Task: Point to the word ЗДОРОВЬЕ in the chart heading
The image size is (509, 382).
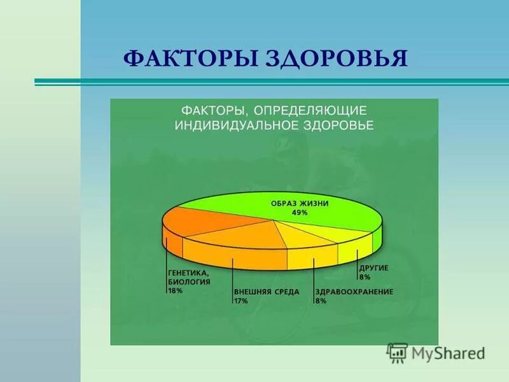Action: click(x=337, y=125)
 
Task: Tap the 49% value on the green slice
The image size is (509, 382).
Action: click(x=299, y=213)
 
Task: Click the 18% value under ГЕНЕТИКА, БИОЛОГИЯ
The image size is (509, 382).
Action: click(x=176, y=290)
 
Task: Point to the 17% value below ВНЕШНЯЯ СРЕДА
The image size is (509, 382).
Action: click(x=241, y=300)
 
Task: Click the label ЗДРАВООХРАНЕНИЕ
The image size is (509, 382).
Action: click(x=354, y=292)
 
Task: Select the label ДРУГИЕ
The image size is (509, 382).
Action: click(x=373, y=268)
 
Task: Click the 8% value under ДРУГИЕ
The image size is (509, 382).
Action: click(x=365, y=277)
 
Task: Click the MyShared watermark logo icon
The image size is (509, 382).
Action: click(x=398, y=352)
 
